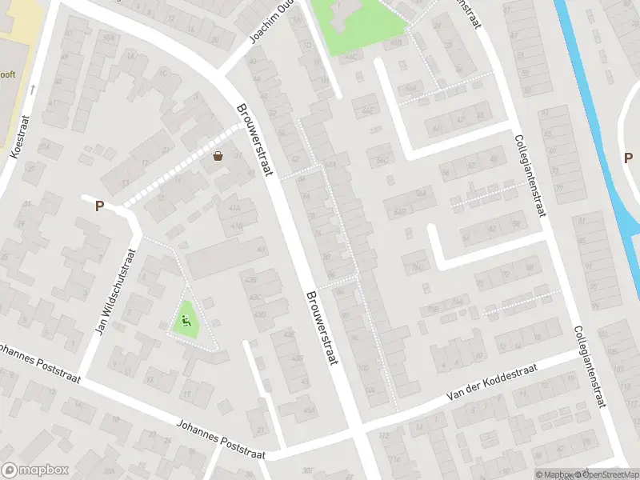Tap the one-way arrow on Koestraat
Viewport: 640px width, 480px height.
pyautogui.click(x=33, y=89)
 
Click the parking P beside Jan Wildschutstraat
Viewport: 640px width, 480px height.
pyautogui.click(x=100, y=206)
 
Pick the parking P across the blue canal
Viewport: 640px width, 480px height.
pyautogui.click(x=628, y=157)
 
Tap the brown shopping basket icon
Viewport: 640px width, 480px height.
pyautogui.click(x=218, y=156)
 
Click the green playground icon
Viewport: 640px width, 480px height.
pyautogui.click(x=186, y=322)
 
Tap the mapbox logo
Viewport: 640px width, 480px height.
pyautogui.click(x=35, y=470)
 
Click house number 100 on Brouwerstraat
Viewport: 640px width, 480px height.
pyautogui.click(x=365, y=368)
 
